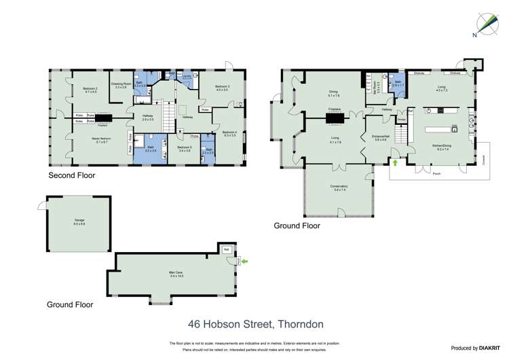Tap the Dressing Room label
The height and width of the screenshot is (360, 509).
[x=121, y=86]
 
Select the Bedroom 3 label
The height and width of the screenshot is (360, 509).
[x=223, y=88]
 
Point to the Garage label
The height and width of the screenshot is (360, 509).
[x=79, y=221]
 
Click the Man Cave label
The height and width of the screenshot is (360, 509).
[x=176, y=274]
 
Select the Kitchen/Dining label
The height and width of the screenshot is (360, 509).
[x=443, y=146]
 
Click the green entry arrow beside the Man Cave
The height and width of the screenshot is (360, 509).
[x=244, y=260]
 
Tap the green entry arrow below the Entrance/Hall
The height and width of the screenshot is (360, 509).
[x=396, y=163]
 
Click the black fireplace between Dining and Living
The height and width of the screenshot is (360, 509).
[x=335, y=119]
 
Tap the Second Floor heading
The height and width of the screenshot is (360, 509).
[x=71, y=175]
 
